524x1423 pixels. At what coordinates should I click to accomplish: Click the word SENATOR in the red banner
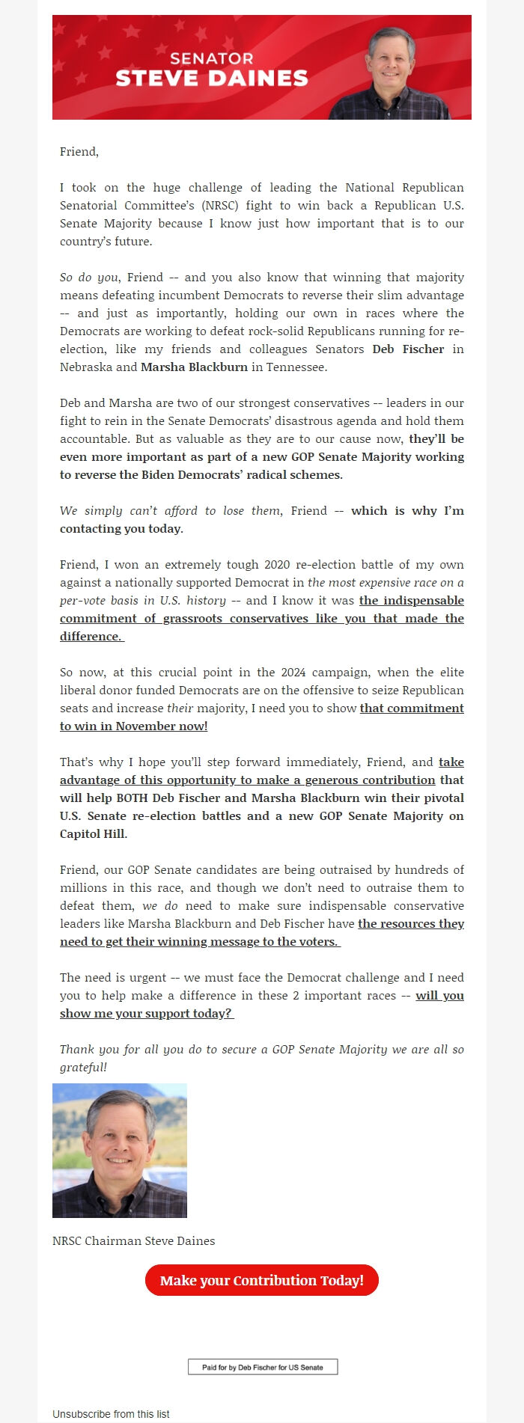[x=211, y=58]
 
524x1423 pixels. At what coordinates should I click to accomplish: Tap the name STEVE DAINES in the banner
[x=212, y=79]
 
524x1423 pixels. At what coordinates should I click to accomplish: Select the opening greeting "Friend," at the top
[x=79, y=152]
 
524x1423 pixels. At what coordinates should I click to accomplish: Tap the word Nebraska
[x=86, y=367]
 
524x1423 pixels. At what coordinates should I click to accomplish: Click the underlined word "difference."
[x=91, y=637]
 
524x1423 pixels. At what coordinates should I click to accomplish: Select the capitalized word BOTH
[x=132, y=798]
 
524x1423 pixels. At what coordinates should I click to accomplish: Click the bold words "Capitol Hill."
[x=94, y=834]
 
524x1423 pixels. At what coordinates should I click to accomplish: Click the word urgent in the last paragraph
[x=150, y=978]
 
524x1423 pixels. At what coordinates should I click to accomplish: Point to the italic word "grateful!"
[x=83, y=1068]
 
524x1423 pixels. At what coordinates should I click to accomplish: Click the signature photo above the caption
[x=120, y=1151]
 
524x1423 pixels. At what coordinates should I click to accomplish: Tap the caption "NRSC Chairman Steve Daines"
[x=133, y=1241]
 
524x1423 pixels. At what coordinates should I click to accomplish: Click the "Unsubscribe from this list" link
[x=111, y=1414]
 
